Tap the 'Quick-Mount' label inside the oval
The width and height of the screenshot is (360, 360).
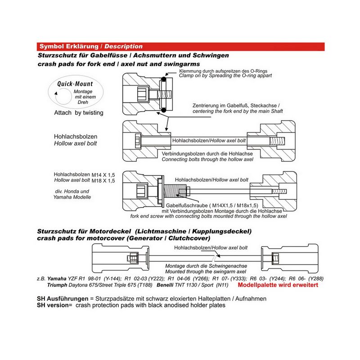[x=75, y=84]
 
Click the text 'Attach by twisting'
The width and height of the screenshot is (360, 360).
[x=78, y=112]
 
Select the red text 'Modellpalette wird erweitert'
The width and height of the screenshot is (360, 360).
[x=281, y=285]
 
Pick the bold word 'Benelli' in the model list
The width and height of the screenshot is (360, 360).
[x=166, y=285]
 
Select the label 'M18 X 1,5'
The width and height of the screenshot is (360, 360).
[x=103, y=180]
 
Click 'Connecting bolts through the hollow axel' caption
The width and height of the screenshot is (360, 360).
[x=207, y=159]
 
